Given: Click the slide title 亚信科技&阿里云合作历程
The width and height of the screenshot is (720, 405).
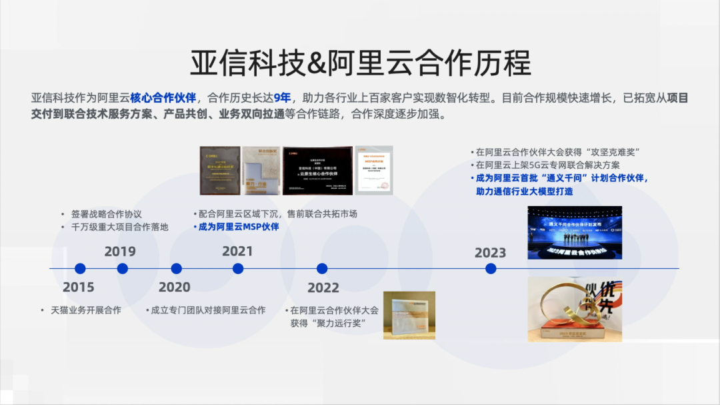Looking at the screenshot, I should pos(360,63).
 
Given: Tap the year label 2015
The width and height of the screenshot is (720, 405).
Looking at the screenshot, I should pos(79,288).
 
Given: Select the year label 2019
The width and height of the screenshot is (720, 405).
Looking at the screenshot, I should pos(120,252).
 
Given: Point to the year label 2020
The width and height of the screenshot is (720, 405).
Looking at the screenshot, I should pos(174,288).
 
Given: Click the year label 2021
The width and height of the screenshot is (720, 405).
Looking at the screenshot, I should pos(237,252).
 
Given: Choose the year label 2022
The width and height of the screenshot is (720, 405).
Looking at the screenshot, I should pos(323,288).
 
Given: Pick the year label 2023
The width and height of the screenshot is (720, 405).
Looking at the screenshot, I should pos(490,253).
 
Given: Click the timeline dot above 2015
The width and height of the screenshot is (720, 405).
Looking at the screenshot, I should pos(80,269).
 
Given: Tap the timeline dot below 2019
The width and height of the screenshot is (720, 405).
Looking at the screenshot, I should pos(123,269).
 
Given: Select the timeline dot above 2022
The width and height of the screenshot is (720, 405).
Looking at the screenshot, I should pos(322,269).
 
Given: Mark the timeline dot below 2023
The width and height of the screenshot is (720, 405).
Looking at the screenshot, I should pos(491,269).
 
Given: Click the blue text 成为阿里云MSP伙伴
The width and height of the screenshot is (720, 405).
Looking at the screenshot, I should pos(239,227).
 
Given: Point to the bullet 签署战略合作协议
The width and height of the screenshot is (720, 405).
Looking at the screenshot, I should pos(107,214).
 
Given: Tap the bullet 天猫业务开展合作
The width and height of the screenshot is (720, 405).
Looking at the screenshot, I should pos(86,310).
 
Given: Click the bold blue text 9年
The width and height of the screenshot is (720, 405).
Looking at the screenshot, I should pos(283,98).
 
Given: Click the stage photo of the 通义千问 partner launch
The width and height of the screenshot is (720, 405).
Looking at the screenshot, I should pos(575,232).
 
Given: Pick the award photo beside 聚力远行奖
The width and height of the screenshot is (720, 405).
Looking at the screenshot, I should pos(409,315).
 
